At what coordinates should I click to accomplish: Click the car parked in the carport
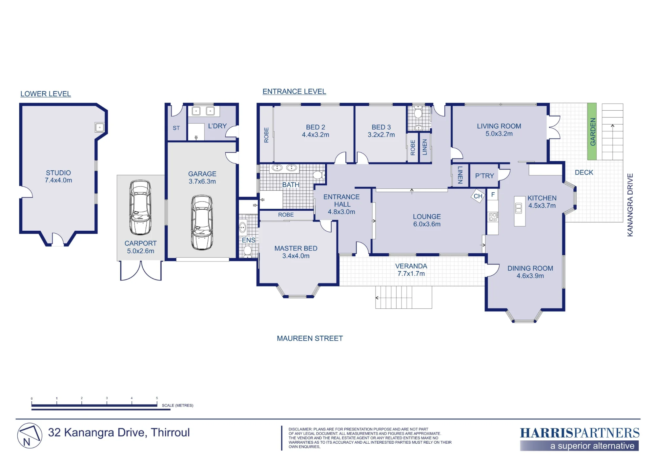click(x=140, y=207)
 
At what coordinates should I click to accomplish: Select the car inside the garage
click(x=202, y=222)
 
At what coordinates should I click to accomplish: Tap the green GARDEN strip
click(x=592, y=132)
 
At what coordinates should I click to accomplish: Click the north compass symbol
click(x=30, y=436)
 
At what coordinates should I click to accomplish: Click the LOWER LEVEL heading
click(x=46, y=94)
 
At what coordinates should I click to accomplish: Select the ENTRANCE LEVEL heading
click(x=294, y=92)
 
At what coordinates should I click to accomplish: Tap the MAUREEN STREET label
click(x=310, y=338)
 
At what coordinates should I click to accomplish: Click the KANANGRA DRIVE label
click(x=630, y=205)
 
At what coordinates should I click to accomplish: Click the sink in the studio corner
click(x=100, y=127)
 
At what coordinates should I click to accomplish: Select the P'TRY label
click(x=484, y=176)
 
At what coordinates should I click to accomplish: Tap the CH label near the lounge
click(x=478, y=196)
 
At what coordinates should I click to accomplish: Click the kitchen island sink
click(x=519, y=208)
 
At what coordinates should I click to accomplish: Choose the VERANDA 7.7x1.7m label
click(x=411, y=270)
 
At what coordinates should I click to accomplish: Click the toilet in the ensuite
click(x=248, y=251)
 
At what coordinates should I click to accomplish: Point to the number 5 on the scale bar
click(x=157, y=398)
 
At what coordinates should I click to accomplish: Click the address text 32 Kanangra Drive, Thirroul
click(x=119, y=433)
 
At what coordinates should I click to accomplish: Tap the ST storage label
click(x=176, y=128)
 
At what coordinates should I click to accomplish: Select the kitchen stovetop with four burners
click(x=493, y=217)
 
